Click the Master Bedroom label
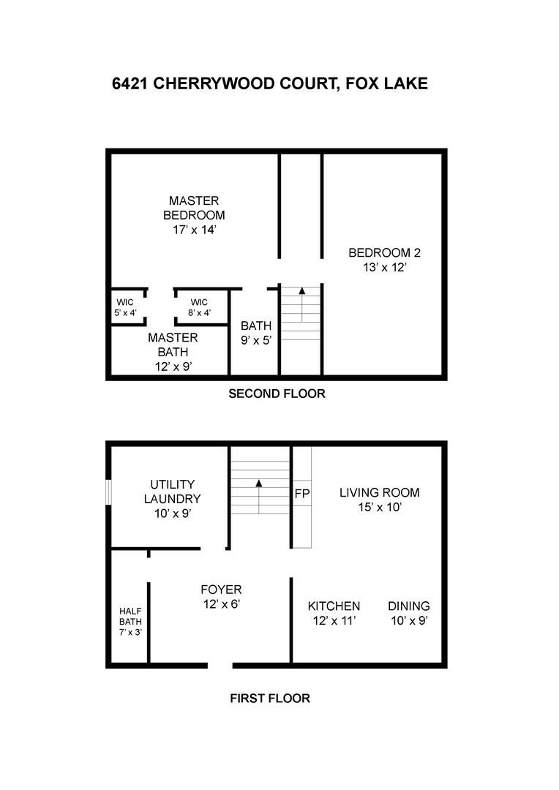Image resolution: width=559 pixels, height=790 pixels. click(194, 208)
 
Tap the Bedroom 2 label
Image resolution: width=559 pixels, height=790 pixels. click(384, 253)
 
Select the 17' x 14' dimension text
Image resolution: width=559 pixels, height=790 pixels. click(194, 230)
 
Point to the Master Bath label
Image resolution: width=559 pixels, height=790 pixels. click(173, 345)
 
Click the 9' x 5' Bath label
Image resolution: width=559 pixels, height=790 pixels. click(256, 333)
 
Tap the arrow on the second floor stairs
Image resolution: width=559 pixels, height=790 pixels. click(301, 291)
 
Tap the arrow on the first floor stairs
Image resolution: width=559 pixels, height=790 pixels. click(259, 484)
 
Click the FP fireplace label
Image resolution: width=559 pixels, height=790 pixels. click(301, 494)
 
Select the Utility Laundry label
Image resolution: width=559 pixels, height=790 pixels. click(172, 492)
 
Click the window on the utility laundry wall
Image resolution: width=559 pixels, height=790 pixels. click(109, 492)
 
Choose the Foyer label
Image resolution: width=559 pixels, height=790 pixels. click(221, 590)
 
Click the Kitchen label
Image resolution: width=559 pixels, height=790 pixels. click(334, 606)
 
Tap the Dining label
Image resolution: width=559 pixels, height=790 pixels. click(408, 606)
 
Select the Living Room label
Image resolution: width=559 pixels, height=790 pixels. click(379, 492)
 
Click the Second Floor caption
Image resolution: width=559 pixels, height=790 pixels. click(277, 394)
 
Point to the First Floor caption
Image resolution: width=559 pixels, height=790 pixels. click(270, 698)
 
